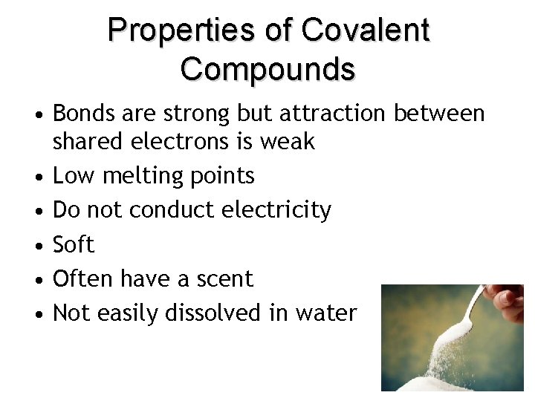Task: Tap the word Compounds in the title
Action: pyautogui.click(x=267, y=68)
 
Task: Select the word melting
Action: pyautogui.click(x=137, y=176)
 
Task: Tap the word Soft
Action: pyautogui.click(x=74, y=244)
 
